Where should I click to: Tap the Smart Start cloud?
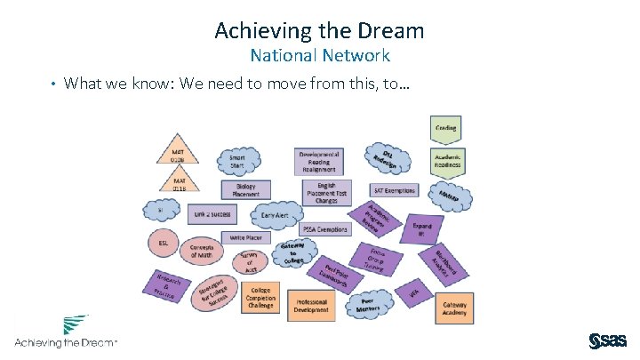(236, 161)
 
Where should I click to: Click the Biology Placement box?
(245, 190)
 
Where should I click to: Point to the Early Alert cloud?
(276, 214)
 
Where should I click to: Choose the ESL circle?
(163, 242)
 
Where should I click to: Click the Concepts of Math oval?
(202, 250)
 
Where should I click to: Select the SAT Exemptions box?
(395, 191)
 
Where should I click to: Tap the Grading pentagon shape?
(445, 129)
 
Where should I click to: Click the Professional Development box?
(312, 306)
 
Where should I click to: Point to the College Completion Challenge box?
(261, 300)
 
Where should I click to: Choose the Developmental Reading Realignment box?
(320, 162)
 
